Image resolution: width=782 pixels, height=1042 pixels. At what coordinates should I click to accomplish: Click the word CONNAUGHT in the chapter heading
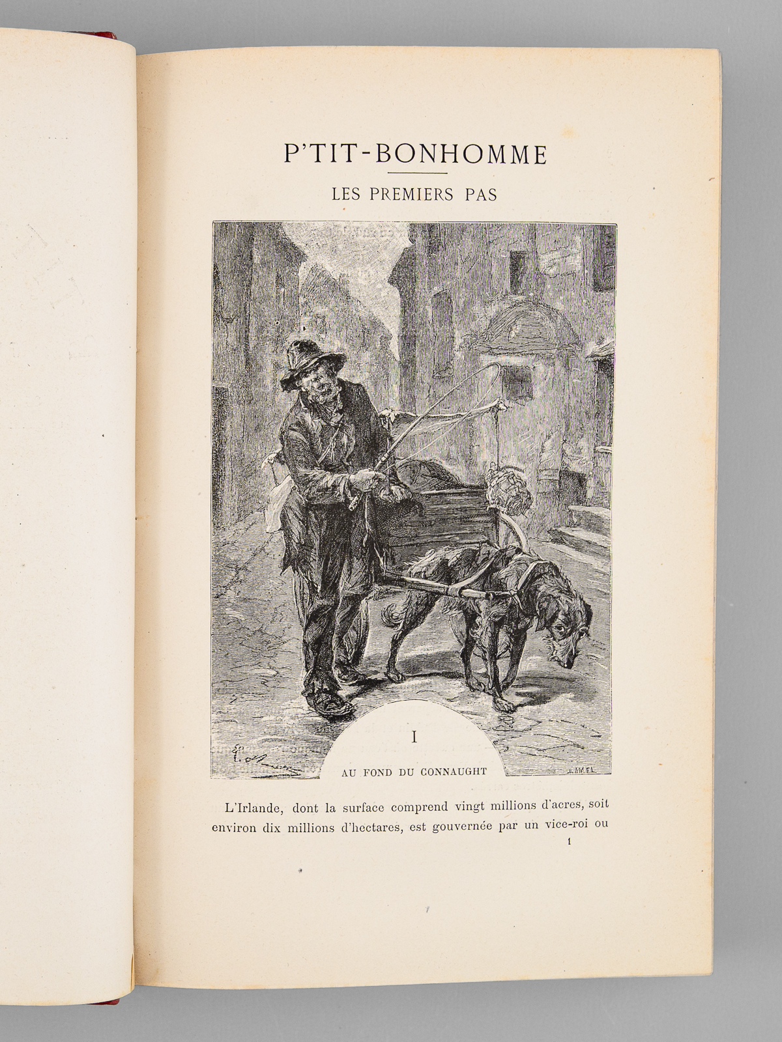456,772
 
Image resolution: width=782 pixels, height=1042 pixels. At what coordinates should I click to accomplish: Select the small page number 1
569,841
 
